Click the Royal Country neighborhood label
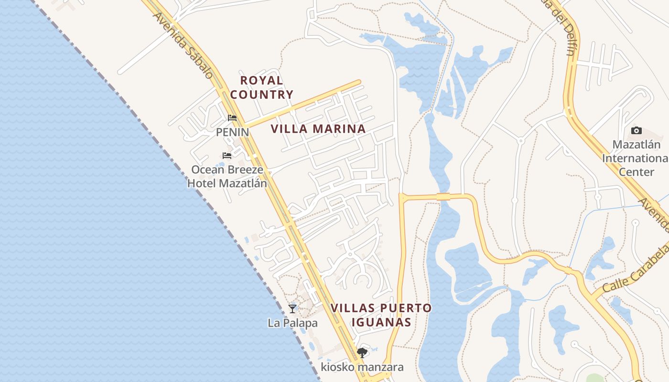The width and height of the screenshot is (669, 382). coord(261,87)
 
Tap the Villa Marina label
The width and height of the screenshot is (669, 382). coord(318,128)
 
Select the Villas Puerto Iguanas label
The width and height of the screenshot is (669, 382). coord(381,315)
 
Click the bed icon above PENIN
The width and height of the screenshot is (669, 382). coord(232,118)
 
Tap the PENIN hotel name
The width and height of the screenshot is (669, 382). coord(232,132)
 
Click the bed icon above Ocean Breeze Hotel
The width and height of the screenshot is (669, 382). coord(227,156)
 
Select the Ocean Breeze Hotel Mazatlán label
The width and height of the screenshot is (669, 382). coord(227,176)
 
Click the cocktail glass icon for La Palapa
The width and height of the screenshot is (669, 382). coord(292,309)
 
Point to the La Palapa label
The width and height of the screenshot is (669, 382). coord(292,323)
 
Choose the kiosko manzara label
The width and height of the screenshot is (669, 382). coord(362,367)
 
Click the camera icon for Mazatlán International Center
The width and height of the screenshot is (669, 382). coord(636,131)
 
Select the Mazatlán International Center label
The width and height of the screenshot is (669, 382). coord(636,158)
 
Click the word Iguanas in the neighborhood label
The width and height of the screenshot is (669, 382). coord(381,322)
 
